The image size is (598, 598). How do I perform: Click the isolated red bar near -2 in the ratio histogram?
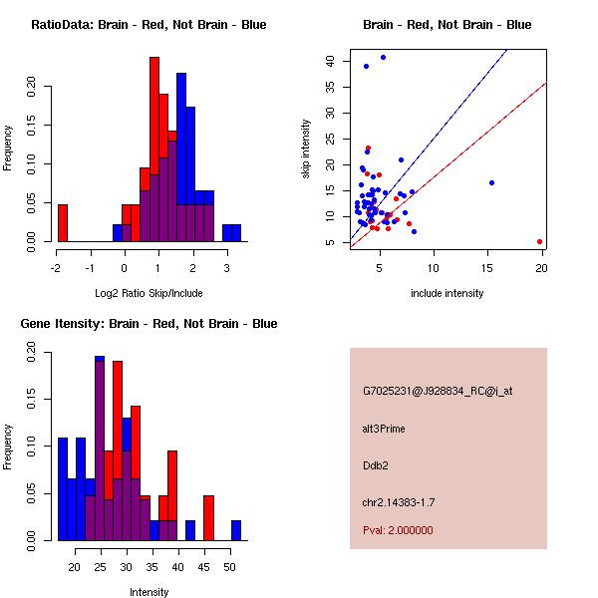[x=62, y=222]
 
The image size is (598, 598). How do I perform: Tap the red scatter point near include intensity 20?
[x=539, y=241]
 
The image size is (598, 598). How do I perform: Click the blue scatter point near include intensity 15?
[x=491, y=182]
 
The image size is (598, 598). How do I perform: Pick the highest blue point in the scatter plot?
[x=383, y=57]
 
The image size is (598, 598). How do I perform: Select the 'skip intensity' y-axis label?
[x=307, y=149]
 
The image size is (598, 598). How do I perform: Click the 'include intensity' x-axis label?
[x=448, y=293]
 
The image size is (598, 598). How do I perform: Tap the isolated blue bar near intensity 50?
[x=236, y=530]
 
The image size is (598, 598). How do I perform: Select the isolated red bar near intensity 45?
[x=209, y=518]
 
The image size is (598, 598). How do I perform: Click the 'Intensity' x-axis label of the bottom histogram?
[x=149, y=592]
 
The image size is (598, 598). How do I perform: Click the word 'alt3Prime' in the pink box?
[x=384, y=429]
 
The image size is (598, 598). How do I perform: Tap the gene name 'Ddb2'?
[x=375, y=464]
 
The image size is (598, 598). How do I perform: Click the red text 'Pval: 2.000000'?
[x=398, y=530]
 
